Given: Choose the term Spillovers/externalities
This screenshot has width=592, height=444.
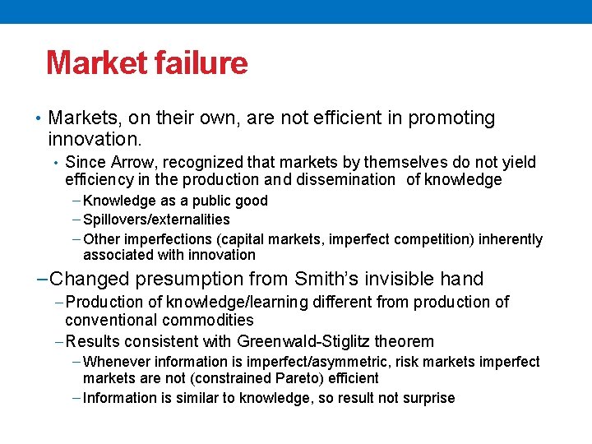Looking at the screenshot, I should point(156,220).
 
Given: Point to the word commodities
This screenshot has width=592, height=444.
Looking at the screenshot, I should point(212,320).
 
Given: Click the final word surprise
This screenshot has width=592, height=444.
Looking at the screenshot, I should point(428,398).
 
